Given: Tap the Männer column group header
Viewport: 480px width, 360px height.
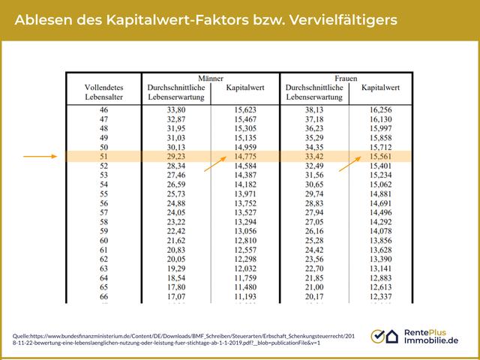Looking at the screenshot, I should click(x=210, y=77).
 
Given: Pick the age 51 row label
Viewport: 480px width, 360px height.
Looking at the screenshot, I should click(x=104, y=157).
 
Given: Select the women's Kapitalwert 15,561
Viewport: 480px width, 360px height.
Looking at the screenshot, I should click(x=380, y=157).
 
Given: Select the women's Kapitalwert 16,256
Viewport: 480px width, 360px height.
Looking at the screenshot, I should click(x=380, y=109).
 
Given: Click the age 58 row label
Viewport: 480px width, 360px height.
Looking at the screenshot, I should click(x=104, y=223).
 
